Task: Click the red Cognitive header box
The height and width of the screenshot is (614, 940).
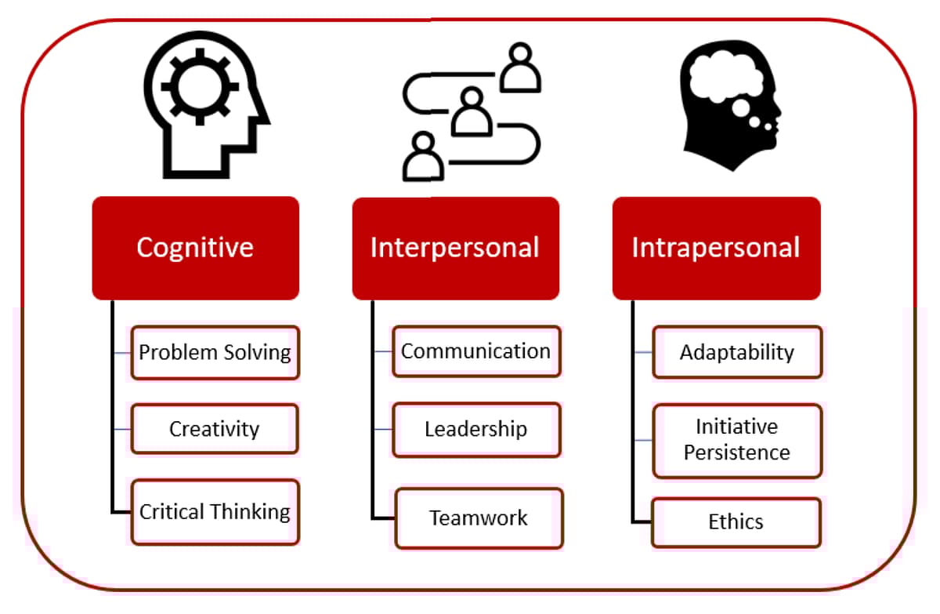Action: point(195,248)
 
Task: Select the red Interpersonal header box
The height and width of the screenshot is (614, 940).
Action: point(455,248)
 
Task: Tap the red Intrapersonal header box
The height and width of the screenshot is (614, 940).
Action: point(716,248)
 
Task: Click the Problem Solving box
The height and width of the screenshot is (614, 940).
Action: point(215,352)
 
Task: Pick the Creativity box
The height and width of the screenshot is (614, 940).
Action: point(215,429)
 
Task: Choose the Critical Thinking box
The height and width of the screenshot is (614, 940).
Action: point(215,512)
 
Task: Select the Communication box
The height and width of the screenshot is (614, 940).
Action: point(476,351)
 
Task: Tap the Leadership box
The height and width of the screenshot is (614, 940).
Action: point(476,429)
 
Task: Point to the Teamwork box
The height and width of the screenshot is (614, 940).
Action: point(479,518)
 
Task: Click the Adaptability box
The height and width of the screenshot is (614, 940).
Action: point(737,352)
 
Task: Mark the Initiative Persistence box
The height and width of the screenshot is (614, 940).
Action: point(737,440)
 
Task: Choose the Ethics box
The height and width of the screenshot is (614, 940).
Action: point(736,522)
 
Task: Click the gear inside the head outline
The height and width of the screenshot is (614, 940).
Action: point(189,86)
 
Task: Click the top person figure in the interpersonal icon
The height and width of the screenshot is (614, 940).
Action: point(520,66)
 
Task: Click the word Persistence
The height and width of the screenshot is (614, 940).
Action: point(737,452)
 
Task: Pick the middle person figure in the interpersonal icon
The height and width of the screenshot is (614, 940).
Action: point(472,111)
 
